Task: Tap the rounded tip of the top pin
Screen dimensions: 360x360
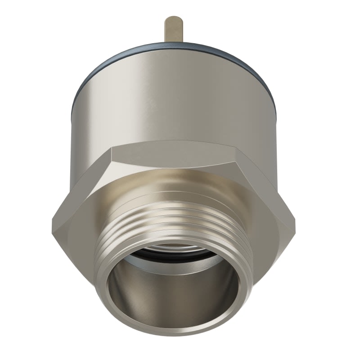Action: tap(174, 19)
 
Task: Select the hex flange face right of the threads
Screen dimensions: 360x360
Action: tap(270, 225)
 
